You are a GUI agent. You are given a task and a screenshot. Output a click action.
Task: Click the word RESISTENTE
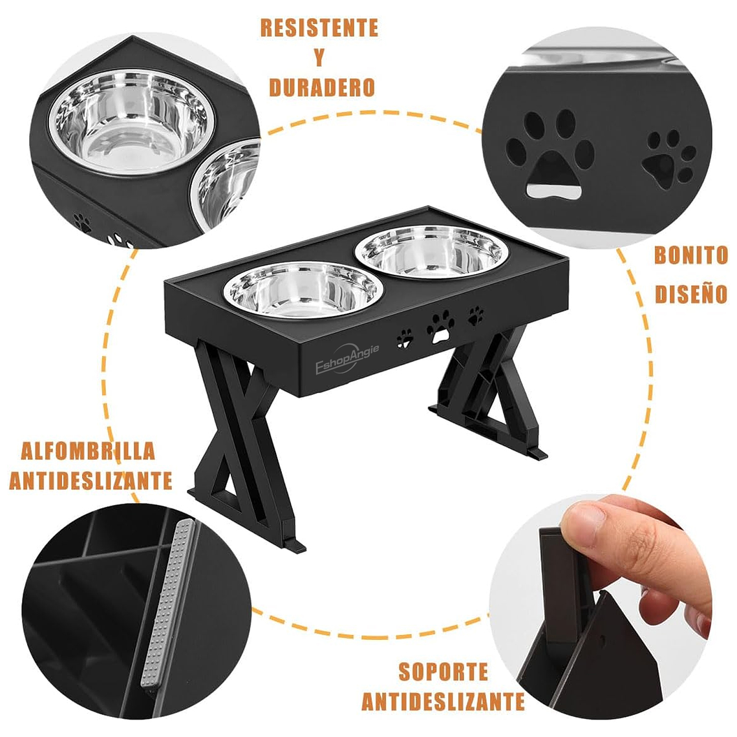pos(319,28)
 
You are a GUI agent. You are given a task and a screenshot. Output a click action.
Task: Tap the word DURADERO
pos(322,87)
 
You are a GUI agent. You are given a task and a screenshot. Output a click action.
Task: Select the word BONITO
pos(690,255)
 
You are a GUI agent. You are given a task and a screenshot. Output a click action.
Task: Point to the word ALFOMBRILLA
pos(88,451)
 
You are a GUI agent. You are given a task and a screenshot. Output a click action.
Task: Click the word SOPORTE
pos(443,671)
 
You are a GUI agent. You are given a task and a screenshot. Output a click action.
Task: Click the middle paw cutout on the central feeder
pos(440,326)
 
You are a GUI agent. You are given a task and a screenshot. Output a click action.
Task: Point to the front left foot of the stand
pos(294,546)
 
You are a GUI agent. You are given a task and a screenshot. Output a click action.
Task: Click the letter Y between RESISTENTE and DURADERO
pos(319,58)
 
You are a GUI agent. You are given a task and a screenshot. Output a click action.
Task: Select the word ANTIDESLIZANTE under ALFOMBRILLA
pos(91,480)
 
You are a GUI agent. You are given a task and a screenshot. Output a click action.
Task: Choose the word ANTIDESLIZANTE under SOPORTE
pos(443,701)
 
